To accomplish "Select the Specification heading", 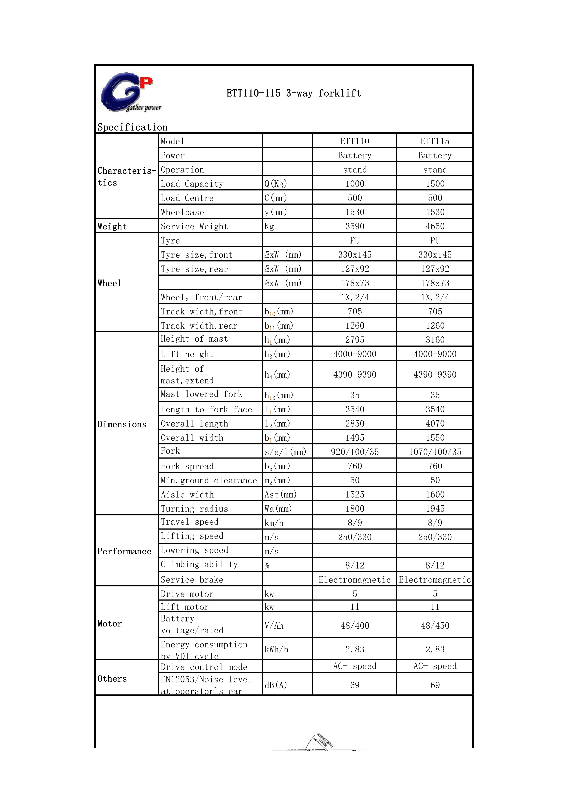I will pos(132,127).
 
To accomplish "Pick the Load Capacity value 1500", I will pos(435,184).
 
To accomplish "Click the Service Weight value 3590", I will pos(355,226).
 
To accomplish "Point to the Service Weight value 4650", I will pos(435,226).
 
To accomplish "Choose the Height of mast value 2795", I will pos(355,340).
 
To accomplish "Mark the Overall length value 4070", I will pos(435,423).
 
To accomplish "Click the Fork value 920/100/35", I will pos(355,452).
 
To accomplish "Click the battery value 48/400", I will pos(355,626).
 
